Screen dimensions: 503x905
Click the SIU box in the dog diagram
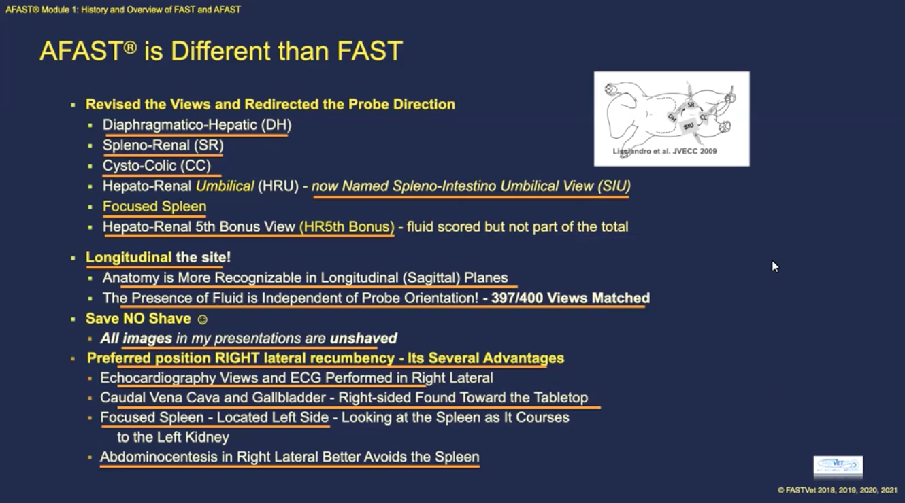coord(689,126)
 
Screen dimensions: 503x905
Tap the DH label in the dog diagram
coord(672,117)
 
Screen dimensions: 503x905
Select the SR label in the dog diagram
coord(691,105)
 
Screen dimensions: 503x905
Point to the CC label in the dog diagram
coord(704,117)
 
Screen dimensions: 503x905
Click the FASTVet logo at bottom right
coord(838,466)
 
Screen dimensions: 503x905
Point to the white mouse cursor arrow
coord(774,266)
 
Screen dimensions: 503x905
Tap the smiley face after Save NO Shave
coord(202,319)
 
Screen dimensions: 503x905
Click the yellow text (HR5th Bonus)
coord(346,226)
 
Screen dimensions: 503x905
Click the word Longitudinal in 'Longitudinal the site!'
coord(129,258)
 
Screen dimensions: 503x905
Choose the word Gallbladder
coord(284,398)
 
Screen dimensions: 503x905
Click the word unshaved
coord(363,338)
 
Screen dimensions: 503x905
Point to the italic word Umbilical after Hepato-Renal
coord(225,186)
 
